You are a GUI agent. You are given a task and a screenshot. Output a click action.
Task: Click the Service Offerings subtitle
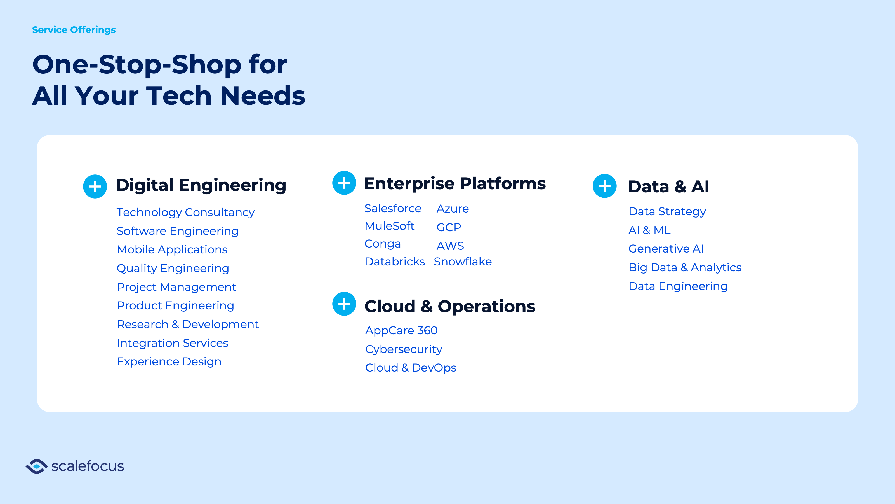pyautogui.click(x=74, y=30)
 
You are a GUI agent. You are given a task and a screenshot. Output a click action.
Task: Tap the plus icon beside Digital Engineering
pyautogui.click(x=95, y=186)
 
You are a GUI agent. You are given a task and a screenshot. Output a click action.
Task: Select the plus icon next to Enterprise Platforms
pyautogui.click(x=344, y=183)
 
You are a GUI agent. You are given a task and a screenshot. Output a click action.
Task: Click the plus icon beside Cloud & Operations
pyautogui.click(x=344, y=304)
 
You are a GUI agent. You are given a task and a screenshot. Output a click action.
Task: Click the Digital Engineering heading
pyautogui.click(x=201, y=185)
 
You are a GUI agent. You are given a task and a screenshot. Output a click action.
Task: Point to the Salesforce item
pyautogui.click(x=393, y=208)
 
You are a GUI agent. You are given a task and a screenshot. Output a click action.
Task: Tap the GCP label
pyautogui.click(x=449, y=227)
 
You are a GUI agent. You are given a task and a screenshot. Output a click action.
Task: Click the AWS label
pyautogui.click(x=450, y=246)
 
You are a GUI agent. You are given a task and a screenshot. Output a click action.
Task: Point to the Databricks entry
pyautogui.click(x=395, y=262)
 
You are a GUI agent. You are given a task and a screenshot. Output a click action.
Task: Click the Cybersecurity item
pyautogui.click(x=404, y=349)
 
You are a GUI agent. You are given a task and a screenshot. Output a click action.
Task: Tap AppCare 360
pyautogui.click(x=401, y=330)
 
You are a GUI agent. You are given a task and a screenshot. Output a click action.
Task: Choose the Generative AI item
pyautogui.click(x=666, y=249)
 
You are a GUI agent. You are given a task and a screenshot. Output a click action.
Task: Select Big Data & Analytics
pyautogui.click(x=685, y=267)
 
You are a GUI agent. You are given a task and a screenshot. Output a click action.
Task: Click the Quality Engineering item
pyautogui.click(x=173, y=268)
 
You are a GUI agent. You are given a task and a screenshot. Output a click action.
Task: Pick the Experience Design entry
pyautogui.click(x=169, y=362)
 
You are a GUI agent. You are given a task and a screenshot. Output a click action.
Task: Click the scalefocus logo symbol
pyautogui.click(x=36, y=466)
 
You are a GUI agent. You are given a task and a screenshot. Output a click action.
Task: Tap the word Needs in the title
pyautogui.click(x=263, y=96)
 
